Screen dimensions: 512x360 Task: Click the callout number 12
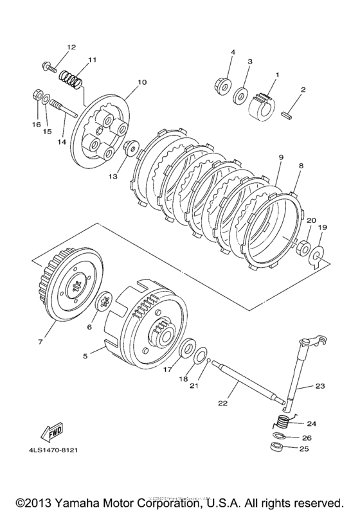pyautogui.click(x=71, y=47)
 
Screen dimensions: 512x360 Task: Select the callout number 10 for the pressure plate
pyautogui.click(x=142, y=82)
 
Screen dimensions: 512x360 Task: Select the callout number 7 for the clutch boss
pyautogui.click(x=40, y=342)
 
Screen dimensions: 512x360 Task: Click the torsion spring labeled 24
pyautogui.click(x=280, y=423)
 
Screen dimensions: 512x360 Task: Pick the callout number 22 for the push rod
pyautogui.click(x=223, y=403)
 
